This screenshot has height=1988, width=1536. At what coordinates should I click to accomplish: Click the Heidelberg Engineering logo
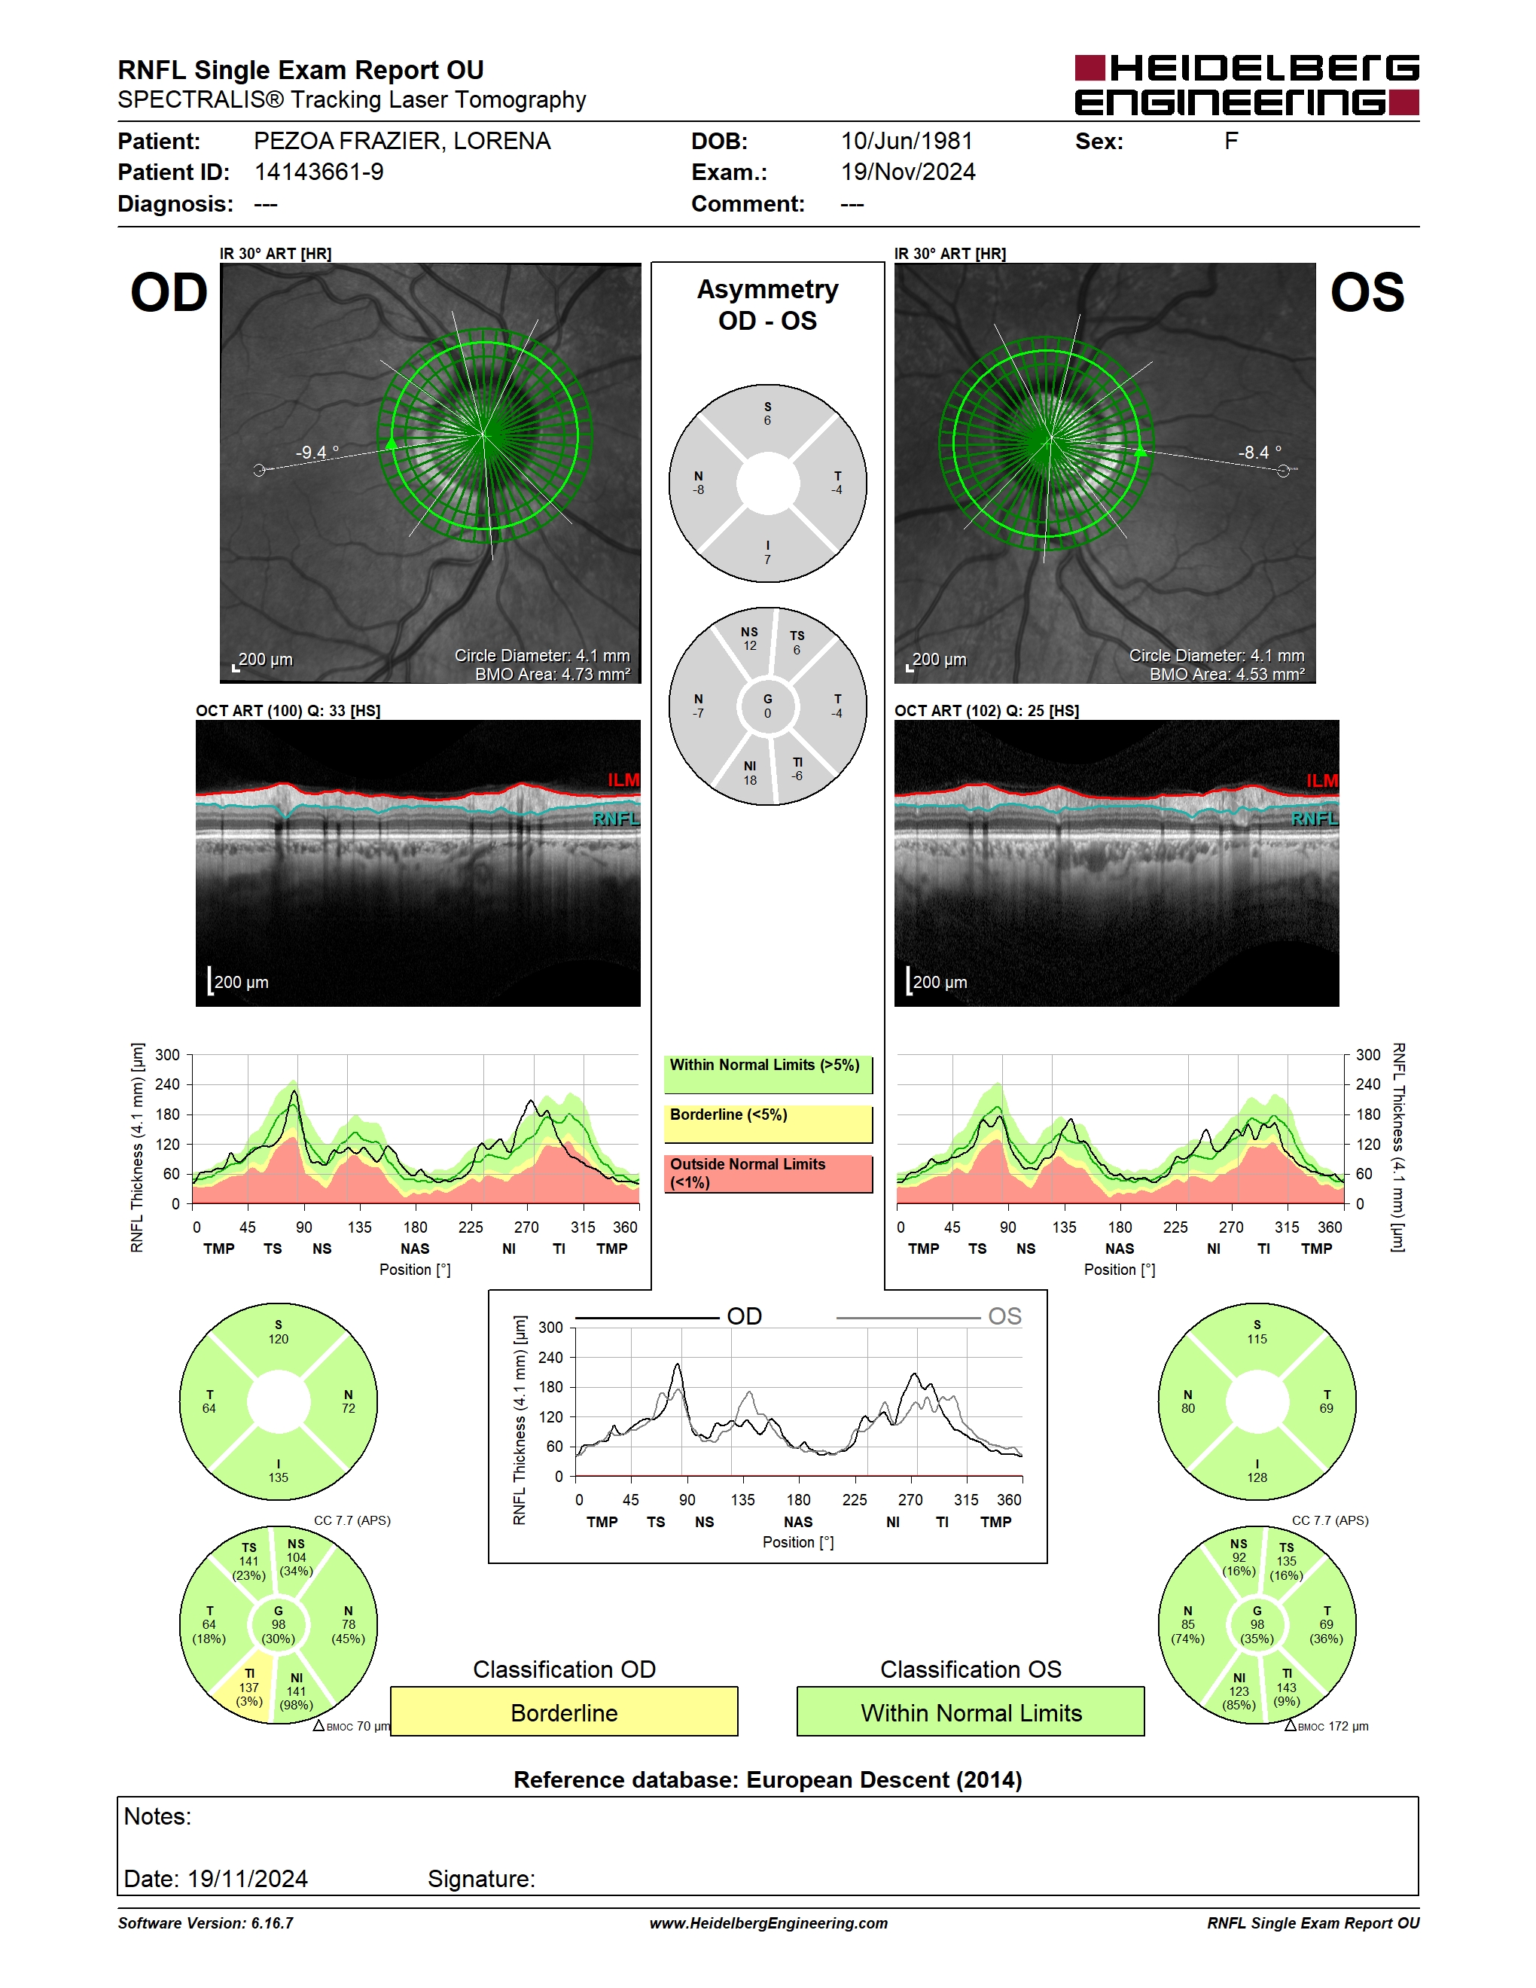point(1247,84)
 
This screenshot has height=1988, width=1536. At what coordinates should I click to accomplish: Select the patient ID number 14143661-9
point(318,172)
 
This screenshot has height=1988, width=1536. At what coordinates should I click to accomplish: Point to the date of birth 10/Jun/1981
point(907,141)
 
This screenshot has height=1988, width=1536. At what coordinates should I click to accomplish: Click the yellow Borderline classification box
point(564,1712)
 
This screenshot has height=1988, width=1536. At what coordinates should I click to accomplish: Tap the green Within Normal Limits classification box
point(971,1712)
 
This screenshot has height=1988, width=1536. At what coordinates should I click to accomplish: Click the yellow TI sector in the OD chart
point(248,1690)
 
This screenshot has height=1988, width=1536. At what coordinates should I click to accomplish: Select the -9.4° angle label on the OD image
point(317,453)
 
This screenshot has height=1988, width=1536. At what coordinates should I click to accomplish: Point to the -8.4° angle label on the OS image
point(1260,453)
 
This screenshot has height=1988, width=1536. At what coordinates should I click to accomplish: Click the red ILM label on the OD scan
point(623,780)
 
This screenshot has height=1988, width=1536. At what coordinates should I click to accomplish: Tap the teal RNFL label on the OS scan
point(1315,819)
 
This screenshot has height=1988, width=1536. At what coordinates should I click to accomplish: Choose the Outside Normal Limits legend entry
point(768,1173)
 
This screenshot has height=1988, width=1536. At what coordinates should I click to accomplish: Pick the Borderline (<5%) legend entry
point(768,1124)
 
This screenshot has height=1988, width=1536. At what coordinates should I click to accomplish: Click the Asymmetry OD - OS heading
point(768,305)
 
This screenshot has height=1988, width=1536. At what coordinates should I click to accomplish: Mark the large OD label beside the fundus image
point(169,292)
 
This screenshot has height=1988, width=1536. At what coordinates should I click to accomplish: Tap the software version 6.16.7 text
point(206,1922)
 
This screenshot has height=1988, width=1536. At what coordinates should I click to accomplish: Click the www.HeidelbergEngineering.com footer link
point(768,1922)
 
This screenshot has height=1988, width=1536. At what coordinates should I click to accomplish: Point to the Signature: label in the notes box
point(481,1879)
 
